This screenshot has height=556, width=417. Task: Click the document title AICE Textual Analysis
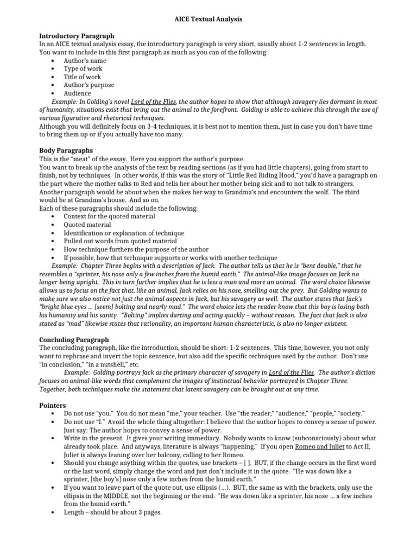(x=208, y=19)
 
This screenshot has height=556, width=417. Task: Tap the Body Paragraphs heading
(x=66, y=150)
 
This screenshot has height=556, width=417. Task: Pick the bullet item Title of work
(x=83, y=77)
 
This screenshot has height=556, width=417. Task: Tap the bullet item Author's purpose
(x=89, y=85)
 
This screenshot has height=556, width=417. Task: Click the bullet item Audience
(x=78, y=93)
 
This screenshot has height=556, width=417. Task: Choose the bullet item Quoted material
(x=87, y=224)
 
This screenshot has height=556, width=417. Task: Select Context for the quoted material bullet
(x=109, y=216)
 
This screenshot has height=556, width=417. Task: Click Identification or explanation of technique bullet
(x=124, y=232)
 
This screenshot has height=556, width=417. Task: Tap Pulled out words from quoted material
(x=120, y=241)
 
